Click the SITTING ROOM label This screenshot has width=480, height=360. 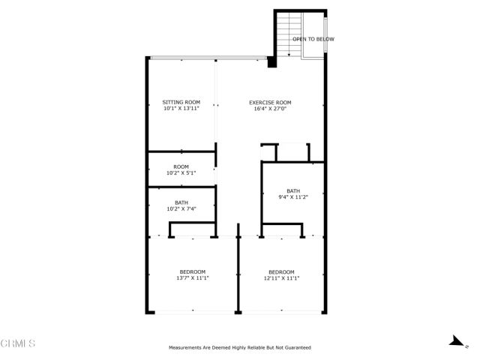181,102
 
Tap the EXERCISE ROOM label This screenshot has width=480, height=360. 270,102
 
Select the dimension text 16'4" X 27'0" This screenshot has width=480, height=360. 270,109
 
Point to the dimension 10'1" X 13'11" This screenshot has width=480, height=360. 181,109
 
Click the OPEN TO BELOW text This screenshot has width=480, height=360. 313,39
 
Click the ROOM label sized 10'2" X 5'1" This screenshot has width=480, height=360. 181,166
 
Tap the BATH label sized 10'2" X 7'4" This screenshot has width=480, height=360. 181,202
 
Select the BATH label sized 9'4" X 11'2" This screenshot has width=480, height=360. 292,190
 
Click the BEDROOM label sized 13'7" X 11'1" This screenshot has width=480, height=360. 192,271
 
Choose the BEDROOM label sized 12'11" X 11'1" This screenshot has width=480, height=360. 281,271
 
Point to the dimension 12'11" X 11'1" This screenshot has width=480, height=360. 281,278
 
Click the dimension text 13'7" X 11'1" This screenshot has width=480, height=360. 192,278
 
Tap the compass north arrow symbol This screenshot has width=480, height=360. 454,341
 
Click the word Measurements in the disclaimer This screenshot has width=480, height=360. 186,348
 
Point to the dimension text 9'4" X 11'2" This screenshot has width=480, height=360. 292,197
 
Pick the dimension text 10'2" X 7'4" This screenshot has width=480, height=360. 181,208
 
